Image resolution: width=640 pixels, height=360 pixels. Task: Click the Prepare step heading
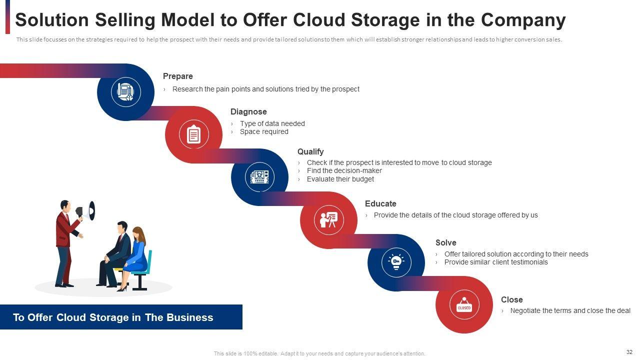(177, 76)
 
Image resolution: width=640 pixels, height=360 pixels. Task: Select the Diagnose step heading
(248, 112)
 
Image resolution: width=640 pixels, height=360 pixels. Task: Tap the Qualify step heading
(310, 151)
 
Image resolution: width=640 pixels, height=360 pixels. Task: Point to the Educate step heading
(380, 204)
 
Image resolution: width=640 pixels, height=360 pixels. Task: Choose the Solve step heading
(445, 243)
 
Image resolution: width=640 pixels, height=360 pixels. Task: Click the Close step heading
(511, 300)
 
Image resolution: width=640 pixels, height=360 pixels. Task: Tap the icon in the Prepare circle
(125, 92)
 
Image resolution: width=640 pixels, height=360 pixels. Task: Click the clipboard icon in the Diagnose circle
(193, 134)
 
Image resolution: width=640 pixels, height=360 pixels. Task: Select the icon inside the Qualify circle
(259, 177)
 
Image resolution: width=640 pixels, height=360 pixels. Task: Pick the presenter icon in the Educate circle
(328, 219)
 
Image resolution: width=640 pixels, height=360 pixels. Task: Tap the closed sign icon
(464, 305)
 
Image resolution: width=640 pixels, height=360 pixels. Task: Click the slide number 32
(629, 352)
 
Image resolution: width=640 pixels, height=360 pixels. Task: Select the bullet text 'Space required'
(264, 132)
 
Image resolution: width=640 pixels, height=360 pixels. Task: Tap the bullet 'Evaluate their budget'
(340, 179)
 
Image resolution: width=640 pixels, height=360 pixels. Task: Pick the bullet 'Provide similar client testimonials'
(496, 262)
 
